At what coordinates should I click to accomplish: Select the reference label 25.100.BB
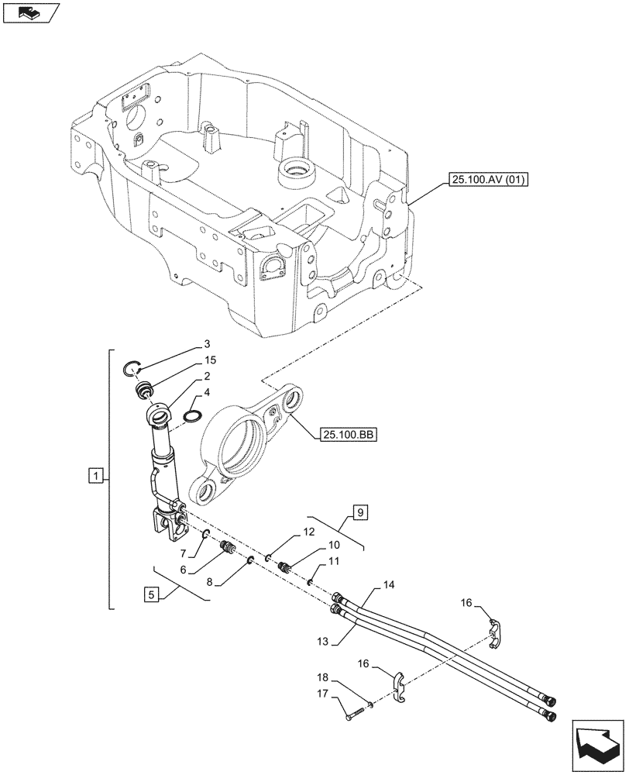tap(346, 437)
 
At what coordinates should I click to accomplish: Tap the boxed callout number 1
tap(95, 475)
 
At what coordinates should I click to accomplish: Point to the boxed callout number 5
tap(152, 595)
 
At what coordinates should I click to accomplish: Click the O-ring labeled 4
tap(193, 418)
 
